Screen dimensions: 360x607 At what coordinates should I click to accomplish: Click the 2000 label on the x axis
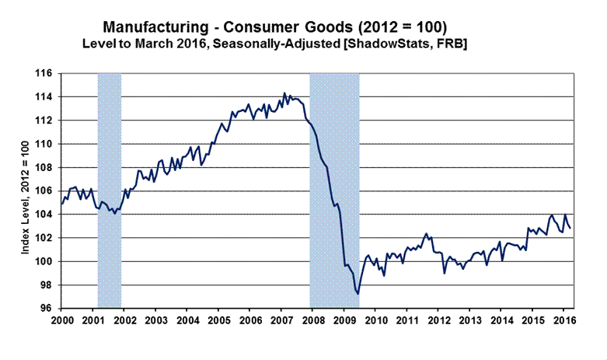pyautogui.click(x=62, y=320)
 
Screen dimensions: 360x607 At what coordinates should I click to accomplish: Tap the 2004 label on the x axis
pyautogui.click(x=187, y=320)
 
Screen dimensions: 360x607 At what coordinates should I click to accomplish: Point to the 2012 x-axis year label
pyautogui.click(x=438, y=320)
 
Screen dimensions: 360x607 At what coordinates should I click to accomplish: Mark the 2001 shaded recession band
pyautogui.click(x=110, y=190)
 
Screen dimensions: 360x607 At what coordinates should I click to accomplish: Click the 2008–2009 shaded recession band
pyautogui.click(x=334, y=190)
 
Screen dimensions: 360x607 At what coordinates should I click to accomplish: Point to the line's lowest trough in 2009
pyautogui.click(x=358, y=294)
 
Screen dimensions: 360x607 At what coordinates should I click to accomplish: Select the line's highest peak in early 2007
pyautogui.click(x=284, y=93)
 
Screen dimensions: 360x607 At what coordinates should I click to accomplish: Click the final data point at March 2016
pyautogui.click(x=571, y=228)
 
